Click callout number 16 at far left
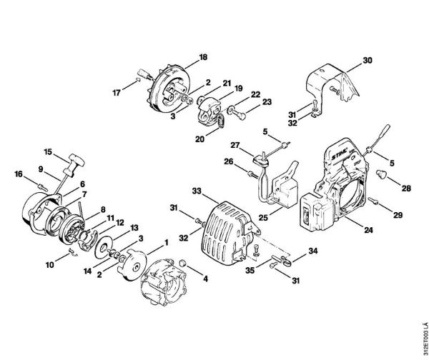19,174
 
